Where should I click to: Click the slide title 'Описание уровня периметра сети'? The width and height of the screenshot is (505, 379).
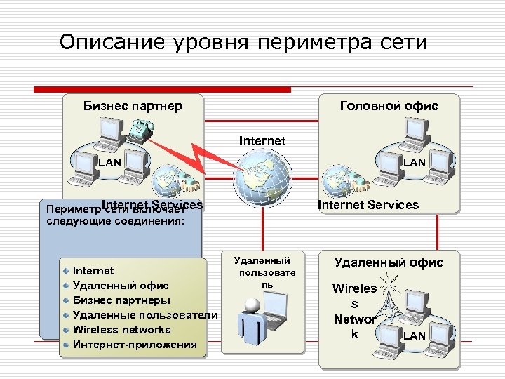[243, 42]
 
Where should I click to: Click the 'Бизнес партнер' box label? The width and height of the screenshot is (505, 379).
[133, 106]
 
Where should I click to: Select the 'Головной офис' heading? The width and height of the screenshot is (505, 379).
[389, 106]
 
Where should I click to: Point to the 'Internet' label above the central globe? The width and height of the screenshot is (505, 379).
[262, 141]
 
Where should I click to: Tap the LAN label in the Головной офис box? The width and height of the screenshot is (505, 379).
[414, 162]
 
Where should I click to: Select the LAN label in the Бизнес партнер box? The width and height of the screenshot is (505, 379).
[109, 162]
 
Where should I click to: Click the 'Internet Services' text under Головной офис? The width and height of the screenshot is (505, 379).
[368, 205]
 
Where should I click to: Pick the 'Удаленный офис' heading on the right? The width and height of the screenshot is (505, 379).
[389, 262]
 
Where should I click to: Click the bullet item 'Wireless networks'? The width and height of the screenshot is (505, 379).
[121, 329]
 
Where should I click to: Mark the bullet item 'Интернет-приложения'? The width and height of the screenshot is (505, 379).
[135, 344]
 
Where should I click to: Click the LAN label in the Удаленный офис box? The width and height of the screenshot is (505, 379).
[414, 336]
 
